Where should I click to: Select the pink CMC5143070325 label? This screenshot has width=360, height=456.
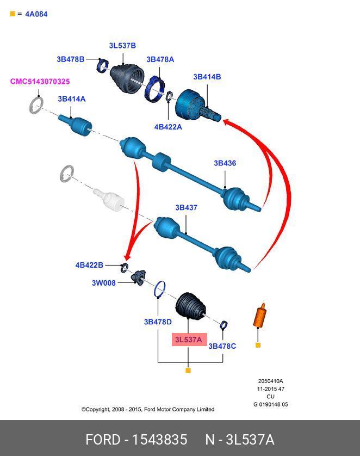pyautogui.click(x=40, y=82)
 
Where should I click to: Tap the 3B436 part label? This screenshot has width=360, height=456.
pyautogui.click(x=225, y=163)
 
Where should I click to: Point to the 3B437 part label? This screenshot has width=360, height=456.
pyautogui.click(x=186, y=208)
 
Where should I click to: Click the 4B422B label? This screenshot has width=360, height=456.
pyautogui.click(x=89, y=265)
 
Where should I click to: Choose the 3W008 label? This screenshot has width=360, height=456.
pyautogui.click(x=104, y=283)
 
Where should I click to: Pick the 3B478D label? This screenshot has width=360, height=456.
pyautogui.click(x=158, y=322)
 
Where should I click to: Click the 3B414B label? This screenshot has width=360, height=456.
pyautogui.click(x=207, y=77)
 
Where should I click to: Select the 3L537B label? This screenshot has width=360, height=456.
pyautogui.click(x=122, y=46)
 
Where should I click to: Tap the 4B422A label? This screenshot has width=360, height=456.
pyautogui.click(x=168, y=127)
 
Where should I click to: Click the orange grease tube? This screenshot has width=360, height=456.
pyautogui.click(x=260, y=316)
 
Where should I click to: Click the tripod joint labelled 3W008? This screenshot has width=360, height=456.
pyautogui.click(x=139, y=277)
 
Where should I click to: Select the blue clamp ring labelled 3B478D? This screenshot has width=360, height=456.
pyautogui.click(x=159, y=289)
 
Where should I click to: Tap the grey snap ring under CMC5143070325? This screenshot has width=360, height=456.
pyautogui.click(x=36, y=106)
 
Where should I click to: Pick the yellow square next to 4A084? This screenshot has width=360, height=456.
pyautogui.click(x=13, y=14)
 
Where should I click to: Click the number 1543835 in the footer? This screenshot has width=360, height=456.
pyautogui.click(x=159, y=439)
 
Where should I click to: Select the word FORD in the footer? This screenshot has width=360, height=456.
pyautogui.click(x=103, y=439)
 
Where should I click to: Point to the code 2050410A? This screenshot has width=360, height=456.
pyautogui.click(x=270, y=381)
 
